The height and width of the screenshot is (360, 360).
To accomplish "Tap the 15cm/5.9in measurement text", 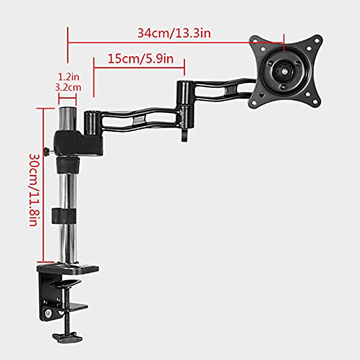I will coord(138,58).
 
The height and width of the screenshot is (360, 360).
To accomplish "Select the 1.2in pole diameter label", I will coord(66,74).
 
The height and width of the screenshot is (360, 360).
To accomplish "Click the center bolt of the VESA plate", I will coord(284,71).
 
